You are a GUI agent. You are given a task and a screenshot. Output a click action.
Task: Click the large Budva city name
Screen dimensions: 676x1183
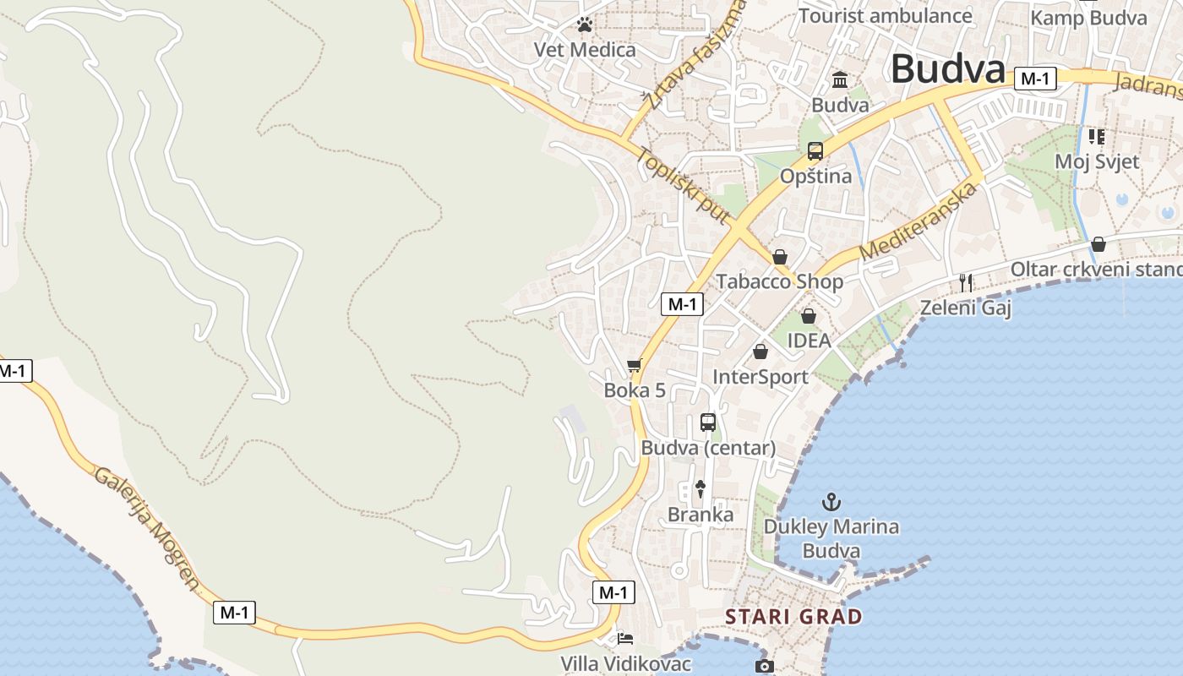[x=947, y=69]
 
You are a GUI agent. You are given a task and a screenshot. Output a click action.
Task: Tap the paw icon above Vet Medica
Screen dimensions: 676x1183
[x=584, y=25]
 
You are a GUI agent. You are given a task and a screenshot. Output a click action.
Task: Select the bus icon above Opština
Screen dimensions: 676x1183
[x=815, y=151]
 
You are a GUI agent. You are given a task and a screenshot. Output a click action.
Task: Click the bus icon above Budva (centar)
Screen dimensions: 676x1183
[x=708, y=422]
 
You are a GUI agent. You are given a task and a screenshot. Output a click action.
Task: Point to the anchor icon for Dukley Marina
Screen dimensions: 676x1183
[x=831, y=502]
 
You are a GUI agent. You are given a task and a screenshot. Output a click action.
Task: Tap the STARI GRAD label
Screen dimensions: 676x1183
[x=793, y=617]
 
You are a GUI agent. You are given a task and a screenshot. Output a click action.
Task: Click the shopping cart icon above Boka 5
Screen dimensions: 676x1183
[x=634, y=366]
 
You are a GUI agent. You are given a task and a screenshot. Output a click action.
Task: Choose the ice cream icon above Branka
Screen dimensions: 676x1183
[x=701, y=488]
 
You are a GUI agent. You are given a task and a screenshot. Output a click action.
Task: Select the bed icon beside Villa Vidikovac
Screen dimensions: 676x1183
[x=625, y=639]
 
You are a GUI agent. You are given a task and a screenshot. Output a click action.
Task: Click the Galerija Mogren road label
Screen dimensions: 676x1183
[x=147, y=527]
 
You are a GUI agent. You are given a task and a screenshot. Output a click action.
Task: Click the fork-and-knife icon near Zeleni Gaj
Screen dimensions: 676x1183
[x=966, y=282]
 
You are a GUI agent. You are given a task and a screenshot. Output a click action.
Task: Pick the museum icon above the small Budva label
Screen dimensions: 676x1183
[x=840, y=80]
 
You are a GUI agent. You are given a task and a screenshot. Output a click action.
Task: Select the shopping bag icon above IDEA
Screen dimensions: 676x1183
[x=809, y=316]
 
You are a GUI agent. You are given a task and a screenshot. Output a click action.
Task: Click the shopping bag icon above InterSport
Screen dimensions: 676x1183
[x=760, y=352]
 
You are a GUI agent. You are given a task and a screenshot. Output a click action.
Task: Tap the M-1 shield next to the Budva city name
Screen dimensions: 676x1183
[x=1035, y=79]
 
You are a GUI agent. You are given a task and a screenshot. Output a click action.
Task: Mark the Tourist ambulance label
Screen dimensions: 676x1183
[x=886, y=15]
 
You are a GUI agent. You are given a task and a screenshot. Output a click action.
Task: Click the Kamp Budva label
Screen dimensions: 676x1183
[x=1088, y=17]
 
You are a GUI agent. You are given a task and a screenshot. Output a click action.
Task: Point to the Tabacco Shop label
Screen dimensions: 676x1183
[x=780, y=281]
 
